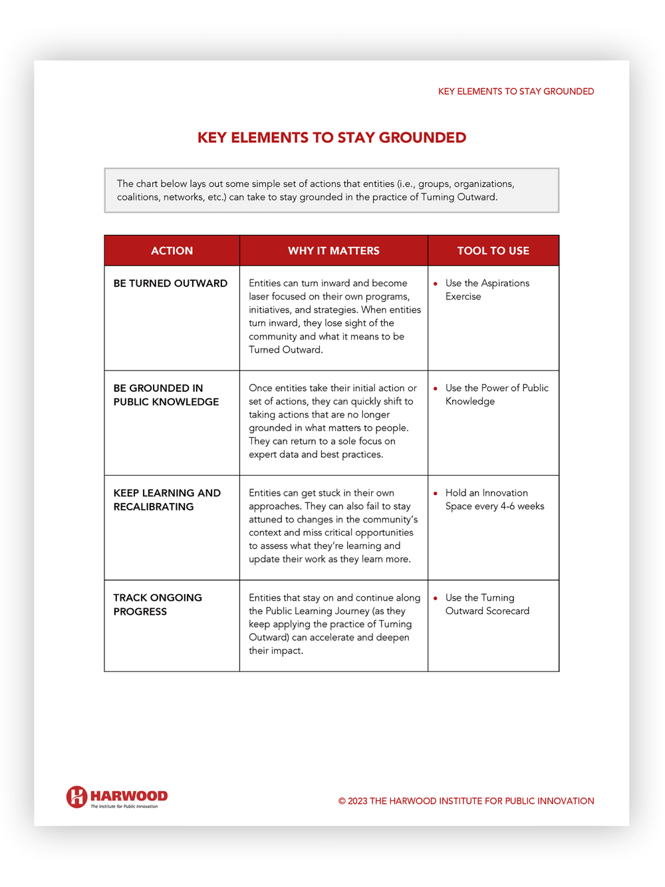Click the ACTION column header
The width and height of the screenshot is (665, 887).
[x=172, y=251]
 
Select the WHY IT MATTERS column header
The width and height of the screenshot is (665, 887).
[x=333, y=251]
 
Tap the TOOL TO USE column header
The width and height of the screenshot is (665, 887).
[x=493, y=251]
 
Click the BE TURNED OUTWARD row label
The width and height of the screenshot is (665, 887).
[x=170, y=283]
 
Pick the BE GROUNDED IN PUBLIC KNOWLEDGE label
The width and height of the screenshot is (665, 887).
[x=166, y=395]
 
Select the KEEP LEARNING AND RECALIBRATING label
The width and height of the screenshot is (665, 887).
[x=166, y=500]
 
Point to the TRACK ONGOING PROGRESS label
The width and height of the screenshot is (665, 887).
[x=157, y=604]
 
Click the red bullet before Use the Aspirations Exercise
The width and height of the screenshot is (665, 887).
[x=436, y=284]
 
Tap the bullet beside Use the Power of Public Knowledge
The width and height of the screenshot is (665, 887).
[x=436, y=389]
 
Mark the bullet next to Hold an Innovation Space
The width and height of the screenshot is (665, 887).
[x=436, y=494]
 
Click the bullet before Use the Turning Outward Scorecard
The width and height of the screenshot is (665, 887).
[x=436, y=598]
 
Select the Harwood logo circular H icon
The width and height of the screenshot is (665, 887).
[x=76, y=797]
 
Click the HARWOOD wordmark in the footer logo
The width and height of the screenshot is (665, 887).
[x=129, y=796]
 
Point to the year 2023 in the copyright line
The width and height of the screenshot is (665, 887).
[x=357, y=801]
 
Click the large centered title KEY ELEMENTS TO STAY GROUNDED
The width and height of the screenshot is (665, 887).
[x=332, y=138]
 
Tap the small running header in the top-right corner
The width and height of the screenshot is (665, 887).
[x=515, y=92]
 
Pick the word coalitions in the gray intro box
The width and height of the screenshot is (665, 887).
[x=138, y=197]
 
